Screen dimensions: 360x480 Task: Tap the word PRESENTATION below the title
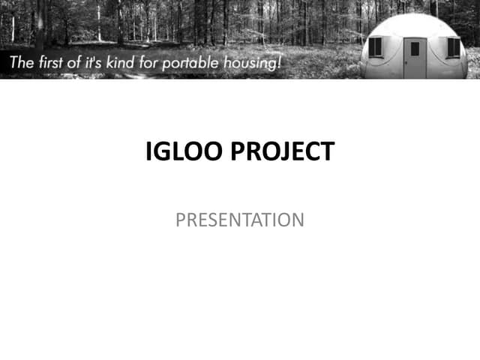click(239, 220)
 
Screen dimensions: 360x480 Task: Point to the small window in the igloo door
click(415, 48)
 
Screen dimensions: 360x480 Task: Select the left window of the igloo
click(375, 47)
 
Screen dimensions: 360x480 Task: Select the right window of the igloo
click(453, 47)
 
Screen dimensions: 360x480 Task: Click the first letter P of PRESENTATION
click(180, 220)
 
